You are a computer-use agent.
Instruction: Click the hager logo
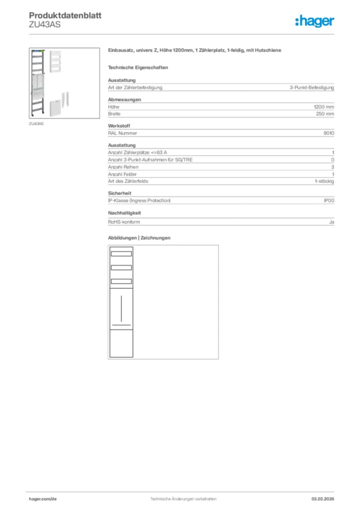pos(314,20)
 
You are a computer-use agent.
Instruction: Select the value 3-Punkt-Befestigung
pos(312,87)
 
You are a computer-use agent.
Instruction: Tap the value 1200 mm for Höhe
pos(324,107)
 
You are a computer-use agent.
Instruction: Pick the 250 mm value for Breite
pos(325,114)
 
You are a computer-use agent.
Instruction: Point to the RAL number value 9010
pos(329,133)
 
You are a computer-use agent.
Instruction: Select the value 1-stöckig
pos(324,181)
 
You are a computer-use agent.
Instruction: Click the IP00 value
pos(329,200)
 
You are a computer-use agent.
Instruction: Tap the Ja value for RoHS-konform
pos(331,222)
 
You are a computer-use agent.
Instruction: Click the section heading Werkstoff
pos(119,126)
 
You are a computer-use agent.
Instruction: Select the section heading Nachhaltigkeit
pos(124,213)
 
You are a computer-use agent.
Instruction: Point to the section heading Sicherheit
pos(119,193)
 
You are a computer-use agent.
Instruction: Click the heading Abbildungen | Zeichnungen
pos(139,238)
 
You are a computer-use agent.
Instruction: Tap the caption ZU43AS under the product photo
pos(36,123)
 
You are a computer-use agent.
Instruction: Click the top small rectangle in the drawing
pos(121,254)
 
